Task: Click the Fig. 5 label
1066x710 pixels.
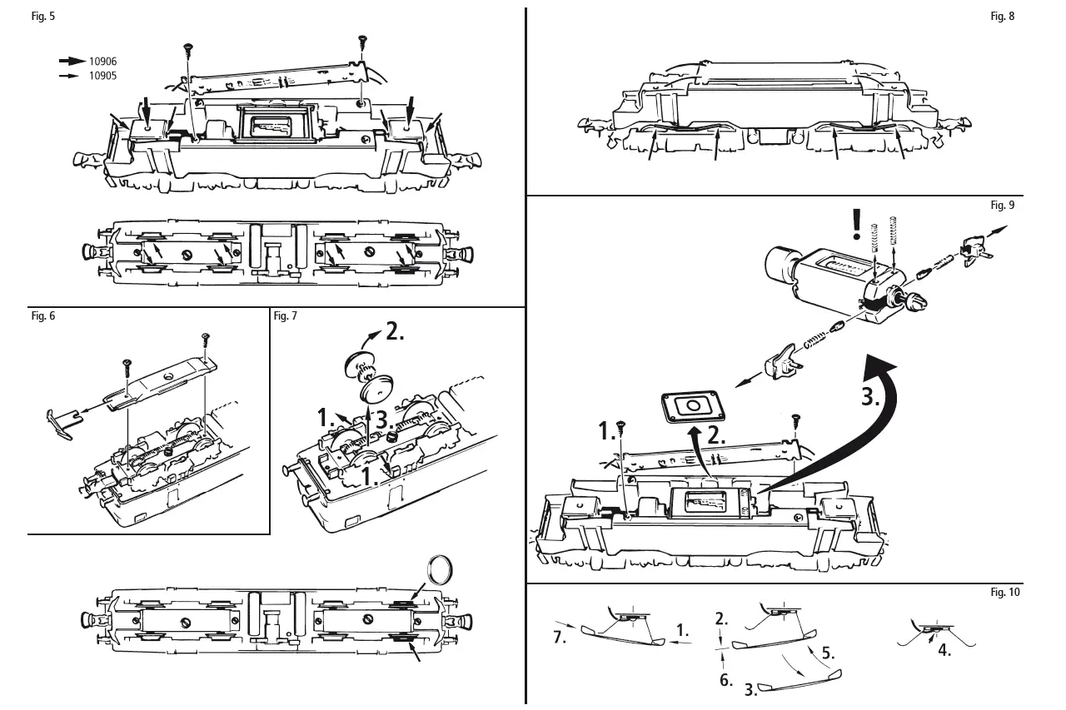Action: pos(43,17)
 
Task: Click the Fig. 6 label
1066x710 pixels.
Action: pos(43,316)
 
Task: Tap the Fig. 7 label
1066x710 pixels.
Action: pos(285,316)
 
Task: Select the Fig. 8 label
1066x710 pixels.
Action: pos(1003,17)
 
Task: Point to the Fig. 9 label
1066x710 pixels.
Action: pos(1003,205)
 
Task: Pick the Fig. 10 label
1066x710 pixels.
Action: pos(1004,593)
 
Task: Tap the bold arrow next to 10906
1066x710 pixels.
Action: pos(72,62)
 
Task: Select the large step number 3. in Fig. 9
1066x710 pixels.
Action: pos(869,398)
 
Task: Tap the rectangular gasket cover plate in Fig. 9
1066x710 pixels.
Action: pos(691,407)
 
